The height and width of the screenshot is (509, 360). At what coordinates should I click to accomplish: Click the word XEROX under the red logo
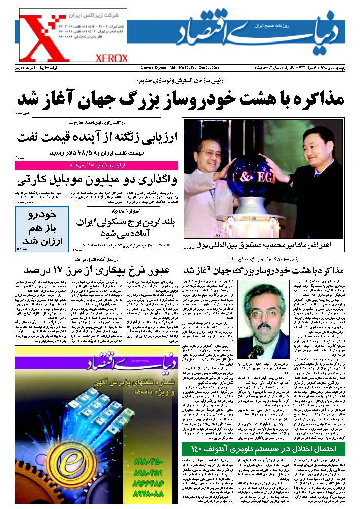[x=111, y=59]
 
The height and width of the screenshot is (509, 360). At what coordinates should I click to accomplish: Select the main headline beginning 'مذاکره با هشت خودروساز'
[x=180, y=97]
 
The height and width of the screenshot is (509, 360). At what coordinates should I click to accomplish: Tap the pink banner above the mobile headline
[x=97, y=165]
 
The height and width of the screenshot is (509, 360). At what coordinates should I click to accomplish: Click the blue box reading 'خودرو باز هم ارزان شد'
[x=42, y=227]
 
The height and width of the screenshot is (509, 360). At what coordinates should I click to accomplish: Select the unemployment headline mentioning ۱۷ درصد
[x=97, y=268]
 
